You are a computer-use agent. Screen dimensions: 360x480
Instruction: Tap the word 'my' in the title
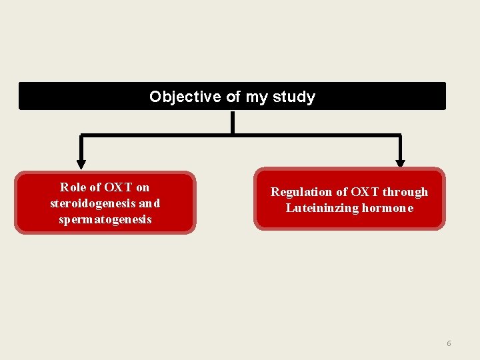tap(256, 97)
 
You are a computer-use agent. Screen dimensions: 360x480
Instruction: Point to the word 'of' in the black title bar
tap(233, 97)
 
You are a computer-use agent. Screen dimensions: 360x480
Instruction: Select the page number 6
tap(449, 343)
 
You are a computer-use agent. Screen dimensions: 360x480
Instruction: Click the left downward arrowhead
tap(81, 162)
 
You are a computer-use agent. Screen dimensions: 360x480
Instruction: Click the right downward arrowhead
tap(400, 162)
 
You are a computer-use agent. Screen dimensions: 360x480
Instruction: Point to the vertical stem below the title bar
tap(232, 123)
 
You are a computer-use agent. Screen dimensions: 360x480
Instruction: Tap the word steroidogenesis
tap(93, 203)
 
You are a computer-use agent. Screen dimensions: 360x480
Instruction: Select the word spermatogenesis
tap(105, 219)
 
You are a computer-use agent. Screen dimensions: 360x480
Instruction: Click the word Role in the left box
tap(73, 187)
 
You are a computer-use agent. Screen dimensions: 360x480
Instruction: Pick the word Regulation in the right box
tap(300, 192)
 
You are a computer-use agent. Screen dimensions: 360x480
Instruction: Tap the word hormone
tap(387, 208)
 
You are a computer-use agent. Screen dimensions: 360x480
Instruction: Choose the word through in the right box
tap(405, 192)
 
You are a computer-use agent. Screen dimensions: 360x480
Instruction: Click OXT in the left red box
tap(117, 187)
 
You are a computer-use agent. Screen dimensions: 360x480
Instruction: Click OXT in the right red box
tap(364, 192)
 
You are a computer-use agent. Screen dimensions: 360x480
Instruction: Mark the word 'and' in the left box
tap(149, 203)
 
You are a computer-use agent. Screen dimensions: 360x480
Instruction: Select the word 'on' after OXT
tap(143, 187)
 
